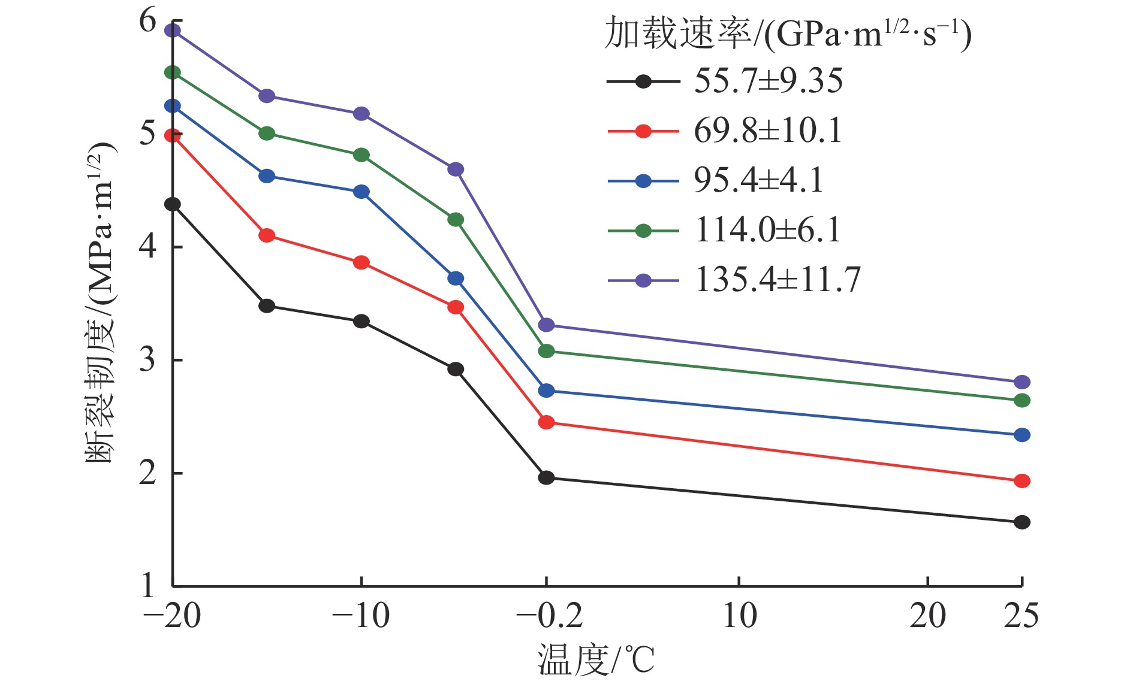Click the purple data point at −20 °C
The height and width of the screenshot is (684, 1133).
[x=173, y=31]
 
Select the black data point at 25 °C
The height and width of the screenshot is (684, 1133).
[x=1021, y=522]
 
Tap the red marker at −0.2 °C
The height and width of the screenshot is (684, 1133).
[x=546, y=422]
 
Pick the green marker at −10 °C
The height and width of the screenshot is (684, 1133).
[x=361, y=155]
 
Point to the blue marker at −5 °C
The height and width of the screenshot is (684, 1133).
[x=456, y=279]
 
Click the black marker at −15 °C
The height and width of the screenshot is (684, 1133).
[x=267, y=306]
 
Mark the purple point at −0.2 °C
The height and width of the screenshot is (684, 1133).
[x=546, y=325]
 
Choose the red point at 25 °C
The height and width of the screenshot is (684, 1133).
[x=1021, y=481]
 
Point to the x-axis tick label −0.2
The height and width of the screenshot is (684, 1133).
[x=549, y=616]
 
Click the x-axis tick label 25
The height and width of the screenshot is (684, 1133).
[x=1021, y=616]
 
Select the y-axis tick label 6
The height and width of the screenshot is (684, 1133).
[x=147, y=22]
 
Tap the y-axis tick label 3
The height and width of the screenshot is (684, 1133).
[x=147, y=361]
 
